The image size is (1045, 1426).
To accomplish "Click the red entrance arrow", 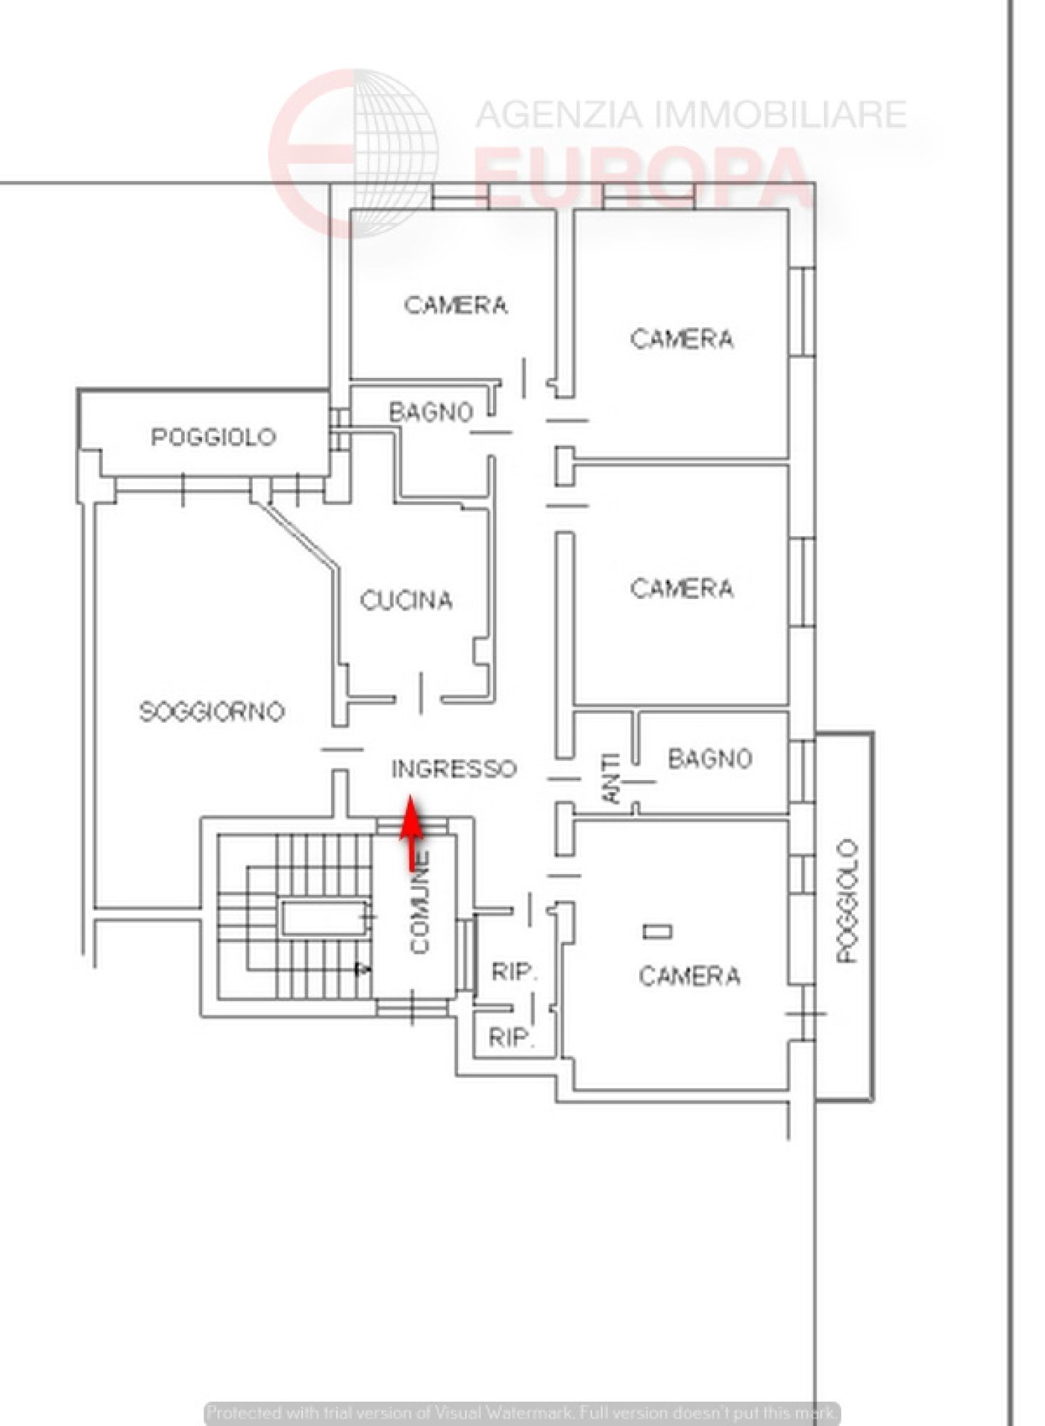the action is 411,833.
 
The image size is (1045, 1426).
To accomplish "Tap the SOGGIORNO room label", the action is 212,712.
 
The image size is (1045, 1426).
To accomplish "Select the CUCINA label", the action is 406,600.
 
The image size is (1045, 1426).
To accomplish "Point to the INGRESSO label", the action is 454,769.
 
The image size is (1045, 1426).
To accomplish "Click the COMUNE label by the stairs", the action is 420,903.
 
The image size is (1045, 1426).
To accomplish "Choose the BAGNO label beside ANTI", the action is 710,759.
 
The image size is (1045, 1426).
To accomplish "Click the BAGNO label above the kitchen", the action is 431,412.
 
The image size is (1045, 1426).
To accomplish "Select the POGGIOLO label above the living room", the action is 213,437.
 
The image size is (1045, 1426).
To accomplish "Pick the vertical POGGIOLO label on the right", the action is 847,901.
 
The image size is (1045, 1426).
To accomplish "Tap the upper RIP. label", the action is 514,971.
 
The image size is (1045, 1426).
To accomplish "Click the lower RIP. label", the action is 511,1037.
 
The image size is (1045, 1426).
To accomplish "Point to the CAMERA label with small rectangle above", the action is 689,975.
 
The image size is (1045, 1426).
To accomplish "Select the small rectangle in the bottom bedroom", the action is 657,931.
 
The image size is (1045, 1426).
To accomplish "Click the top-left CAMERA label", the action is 456,305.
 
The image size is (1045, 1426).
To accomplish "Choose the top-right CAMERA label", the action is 682,339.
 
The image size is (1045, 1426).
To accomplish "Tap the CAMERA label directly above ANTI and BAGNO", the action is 682,588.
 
